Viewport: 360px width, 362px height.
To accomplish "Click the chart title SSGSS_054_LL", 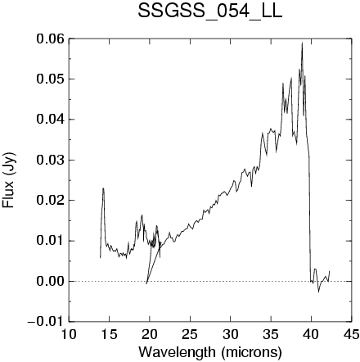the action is pyautogui.click(x=209, y=11).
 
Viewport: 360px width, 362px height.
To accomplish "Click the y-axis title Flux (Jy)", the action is pyautogui.click(x=8, y=180).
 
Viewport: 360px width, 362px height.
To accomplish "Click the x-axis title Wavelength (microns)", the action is pyautogui.click(x=210, y=352).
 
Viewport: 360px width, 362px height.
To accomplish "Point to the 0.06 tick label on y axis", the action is pyautogui.click(x=51, y=38).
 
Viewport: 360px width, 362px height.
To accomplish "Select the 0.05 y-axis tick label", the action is pyautogui.click(x=51, y=79).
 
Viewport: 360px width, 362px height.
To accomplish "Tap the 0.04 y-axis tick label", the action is pyautogui.click(x=51, y=120).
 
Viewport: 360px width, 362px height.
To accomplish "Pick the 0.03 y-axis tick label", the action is pyautogui.click(x=51, y=160).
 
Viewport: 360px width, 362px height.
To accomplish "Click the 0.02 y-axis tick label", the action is pyautogui.click(x=51, y=201).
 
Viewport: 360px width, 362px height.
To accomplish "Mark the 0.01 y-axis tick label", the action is pyautogui.click(x=51, y=241).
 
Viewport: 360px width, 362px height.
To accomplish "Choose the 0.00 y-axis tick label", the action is pyautogui.click(x=51, y=281).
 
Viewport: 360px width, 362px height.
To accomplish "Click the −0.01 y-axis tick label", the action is pyautogui.click(x=46, y=322).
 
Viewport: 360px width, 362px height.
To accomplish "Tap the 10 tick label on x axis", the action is pyautogui.click(x=69, y=334).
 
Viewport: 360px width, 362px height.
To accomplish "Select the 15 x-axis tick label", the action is pyautogui.click(x=109, y=334).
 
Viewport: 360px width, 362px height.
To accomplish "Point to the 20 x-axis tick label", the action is pyautogui.click(x=150, y=334).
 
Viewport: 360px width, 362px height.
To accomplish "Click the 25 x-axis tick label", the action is pyautogui.click(x=190, y=334).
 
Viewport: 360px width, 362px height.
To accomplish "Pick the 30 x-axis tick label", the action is pyautogui.click(x=230, y=334).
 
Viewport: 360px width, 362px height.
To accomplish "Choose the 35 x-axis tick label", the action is pyautogui.click(x=271, y=334).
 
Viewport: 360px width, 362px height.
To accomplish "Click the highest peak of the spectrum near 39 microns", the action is pyautogui.click(x=302, y=43).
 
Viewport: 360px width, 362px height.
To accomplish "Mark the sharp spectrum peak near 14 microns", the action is pyautogui.click(x=103, y=188).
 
